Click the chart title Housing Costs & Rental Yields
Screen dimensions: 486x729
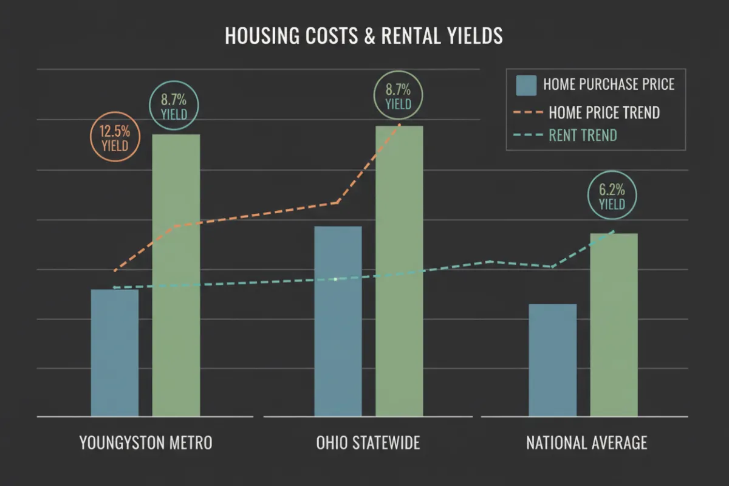click(364, 36)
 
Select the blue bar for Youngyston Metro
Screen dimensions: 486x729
click(115, 352)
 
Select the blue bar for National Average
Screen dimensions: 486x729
click(553, 360)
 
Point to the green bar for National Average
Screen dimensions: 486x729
click(614, 324)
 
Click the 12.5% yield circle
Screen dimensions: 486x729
click(115, 139)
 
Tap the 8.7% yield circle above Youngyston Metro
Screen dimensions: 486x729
click(174, 106)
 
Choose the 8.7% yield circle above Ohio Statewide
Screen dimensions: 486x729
click(399, 96)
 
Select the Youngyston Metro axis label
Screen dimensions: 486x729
click(146, 443)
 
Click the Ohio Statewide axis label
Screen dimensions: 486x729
click(368, 443)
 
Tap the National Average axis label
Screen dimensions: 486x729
click(587, 443)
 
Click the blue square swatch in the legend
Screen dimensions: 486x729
click(526, 85)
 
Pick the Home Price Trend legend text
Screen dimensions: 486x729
click(604, 112)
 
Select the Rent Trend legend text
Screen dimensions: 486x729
click(583, 135)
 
